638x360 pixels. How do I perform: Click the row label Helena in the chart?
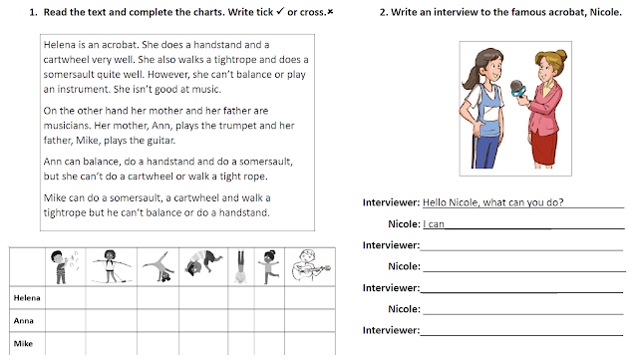(27, 298)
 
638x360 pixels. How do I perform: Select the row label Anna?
(24, 320)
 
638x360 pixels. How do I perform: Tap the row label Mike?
(23, 343)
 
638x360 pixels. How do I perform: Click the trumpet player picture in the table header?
(64, 266)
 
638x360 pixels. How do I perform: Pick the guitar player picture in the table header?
(311, 265)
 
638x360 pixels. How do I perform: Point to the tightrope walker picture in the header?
(111, 266)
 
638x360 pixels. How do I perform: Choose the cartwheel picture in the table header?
(159, 267)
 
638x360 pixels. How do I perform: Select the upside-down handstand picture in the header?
(240, 266)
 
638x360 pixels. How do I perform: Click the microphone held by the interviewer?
(518, 89)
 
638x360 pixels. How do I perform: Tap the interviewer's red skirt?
(544, 147)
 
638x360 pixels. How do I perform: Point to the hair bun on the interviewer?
(560, 55)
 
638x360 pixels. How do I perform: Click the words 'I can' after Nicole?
(434, 224)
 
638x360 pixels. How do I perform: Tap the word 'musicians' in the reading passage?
(66, 126)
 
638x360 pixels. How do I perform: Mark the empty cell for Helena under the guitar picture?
(310, 298)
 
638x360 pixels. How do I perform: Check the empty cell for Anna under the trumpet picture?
(66, 320)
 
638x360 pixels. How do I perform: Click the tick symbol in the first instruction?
(280, 11)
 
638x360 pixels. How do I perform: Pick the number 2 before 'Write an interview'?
(383, 12)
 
